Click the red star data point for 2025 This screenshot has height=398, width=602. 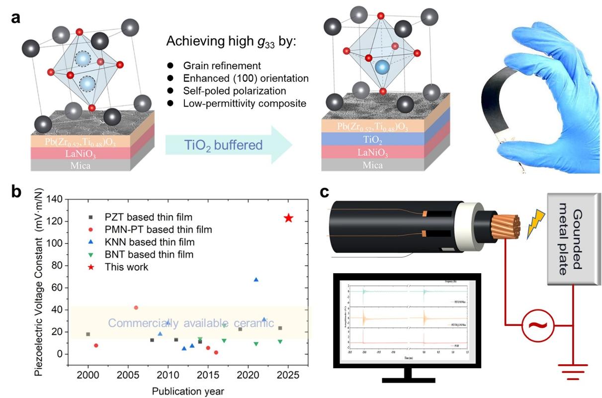coord(288,218)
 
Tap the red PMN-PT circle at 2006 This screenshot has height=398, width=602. coord(136,307)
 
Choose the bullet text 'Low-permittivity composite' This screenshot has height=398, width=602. coord(237,103)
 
